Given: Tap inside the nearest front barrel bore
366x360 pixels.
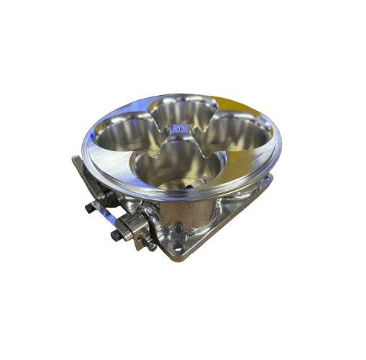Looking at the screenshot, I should click(x=176, y=167).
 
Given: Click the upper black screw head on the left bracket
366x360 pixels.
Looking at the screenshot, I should click(x=89, y=208).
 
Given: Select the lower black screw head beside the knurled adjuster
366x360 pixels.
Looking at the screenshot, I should click(x=115, y=235).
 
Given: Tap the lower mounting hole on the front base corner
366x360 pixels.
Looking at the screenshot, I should click(x=178, y=247).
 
